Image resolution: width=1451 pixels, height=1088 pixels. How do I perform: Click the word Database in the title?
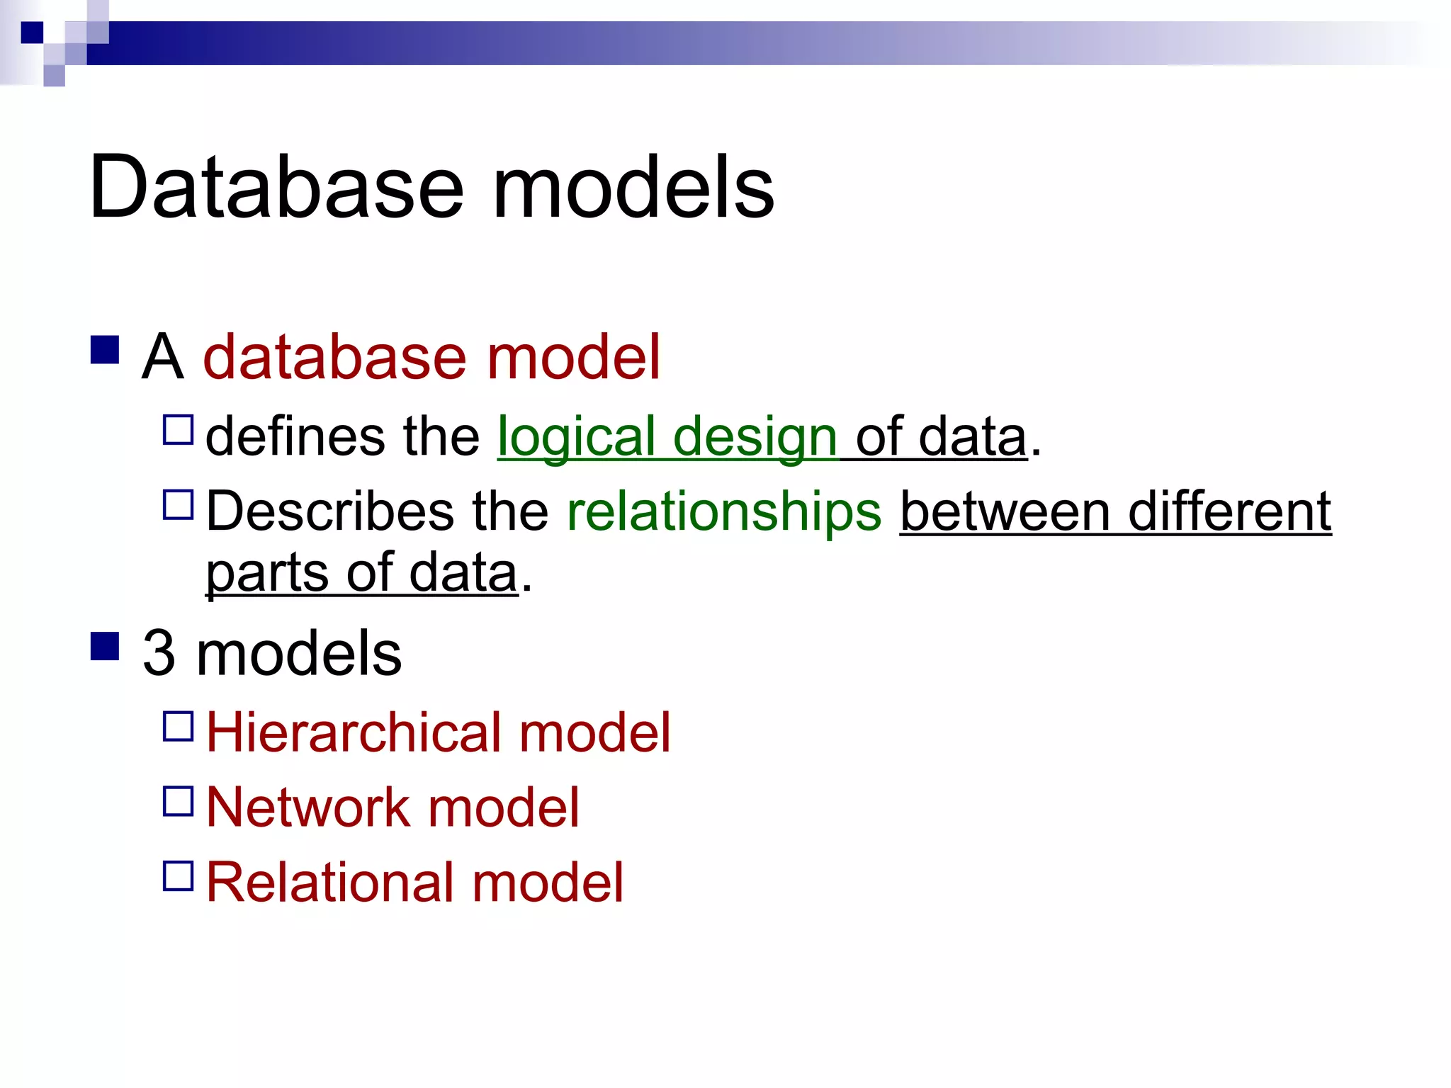[276, 188]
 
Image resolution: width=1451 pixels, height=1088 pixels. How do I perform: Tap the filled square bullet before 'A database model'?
[105, 349]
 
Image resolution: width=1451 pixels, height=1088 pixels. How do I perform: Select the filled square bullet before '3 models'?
[105, 645]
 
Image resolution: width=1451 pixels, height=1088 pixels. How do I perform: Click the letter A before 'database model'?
[162, 357]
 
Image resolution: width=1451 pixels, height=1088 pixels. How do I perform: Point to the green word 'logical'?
[576, 438]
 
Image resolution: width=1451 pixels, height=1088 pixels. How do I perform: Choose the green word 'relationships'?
[724, 511]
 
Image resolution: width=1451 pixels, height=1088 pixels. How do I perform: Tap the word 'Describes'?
[330, 511]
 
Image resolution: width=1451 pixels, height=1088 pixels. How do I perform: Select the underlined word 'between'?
[1005, 511]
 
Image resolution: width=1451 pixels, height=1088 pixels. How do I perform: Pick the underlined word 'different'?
[1229, 511]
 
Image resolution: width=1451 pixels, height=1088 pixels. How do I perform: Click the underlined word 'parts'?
[266, 574]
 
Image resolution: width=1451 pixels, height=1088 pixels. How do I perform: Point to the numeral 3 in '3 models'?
[159, 653]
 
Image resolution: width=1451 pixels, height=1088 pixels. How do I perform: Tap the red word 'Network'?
[308, 807]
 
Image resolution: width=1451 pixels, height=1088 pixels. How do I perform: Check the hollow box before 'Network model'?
[178, 801]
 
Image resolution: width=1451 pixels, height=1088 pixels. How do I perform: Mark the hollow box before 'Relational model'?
[178, 875]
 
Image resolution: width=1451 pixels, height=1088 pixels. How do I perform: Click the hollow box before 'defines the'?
[178, 430]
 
